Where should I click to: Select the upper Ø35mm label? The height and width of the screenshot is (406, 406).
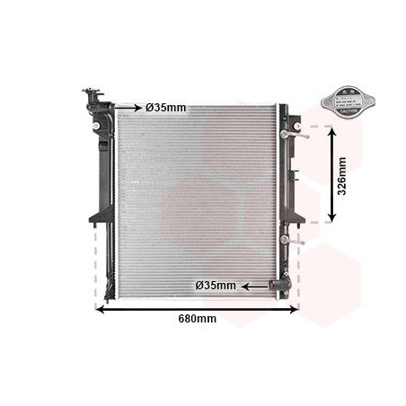pyautogui.click(x=165, y=108)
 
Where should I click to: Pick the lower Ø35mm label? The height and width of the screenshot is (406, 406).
pyautogui.click(x=216, y=286)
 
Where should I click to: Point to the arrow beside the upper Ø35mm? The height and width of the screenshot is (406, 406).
pyautogui.click(x=129, y=108)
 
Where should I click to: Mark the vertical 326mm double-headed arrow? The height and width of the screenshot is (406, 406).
pyautogui.click(x=333, y=174)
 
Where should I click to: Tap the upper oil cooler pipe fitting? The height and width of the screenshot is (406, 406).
pyautogui.click(x=289, y=134)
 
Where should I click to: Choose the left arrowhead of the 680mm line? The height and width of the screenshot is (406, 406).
pyautogui.click(x=100, y=310)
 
